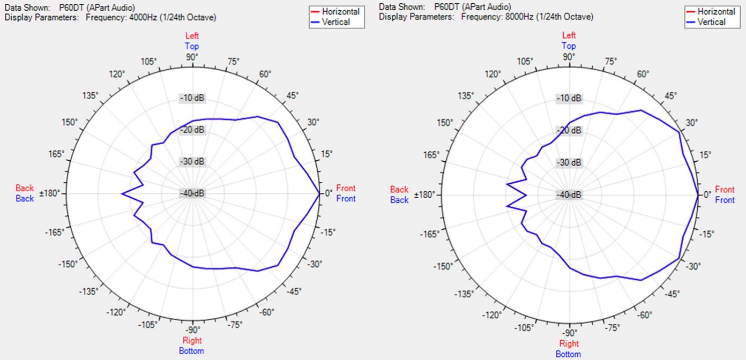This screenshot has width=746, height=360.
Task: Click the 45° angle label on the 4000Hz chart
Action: [293, 95]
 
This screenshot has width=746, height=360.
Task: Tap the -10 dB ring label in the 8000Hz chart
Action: [569, 99]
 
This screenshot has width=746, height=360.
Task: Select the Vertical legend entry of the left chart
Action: [337, 22]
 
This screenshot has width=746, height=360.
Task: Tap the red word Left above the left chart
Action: [192, 36]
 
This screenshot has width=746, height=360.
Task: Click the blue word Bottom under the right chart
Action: [568, 354]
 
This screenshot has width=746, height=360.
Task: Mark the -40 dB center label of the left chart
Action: [192, 193]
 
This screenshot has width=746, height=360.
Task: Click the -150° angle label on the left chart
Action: [70, 264]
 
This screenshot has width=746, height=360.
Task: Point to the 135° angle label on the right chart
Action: [466, 95]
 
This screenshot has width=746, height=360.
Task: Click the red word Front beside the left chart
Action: [346, 188]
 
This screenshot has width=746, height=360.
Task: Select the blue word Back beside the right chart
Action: [399, 200]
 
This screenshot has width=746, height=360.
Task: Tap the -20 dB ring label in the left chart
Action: [192, 130]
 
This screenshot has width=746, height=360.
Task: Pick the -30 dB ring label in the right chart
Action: [569, 162]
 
